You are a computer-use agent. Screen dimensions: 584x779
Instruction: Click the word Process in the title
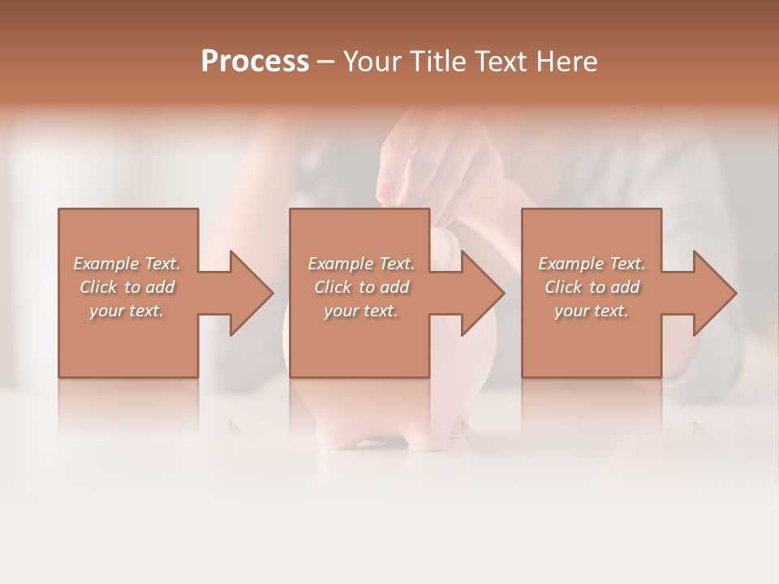(x=255, y=61)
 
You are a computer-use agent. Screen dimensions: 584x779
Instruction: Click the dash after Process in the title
(x=326, y=62)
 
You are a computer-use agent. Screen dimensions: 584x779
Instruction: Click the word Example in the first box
(x=106, y=264)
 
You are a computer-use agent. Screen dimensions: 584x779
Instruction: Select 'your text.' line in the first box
(x=127, y=311)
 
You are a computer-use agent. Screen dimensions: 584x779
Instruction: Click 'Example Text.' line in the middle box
(x=361, y=264)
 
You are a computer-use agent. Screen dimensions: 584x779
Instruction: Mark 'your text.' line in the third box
(x=592, y=311)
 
